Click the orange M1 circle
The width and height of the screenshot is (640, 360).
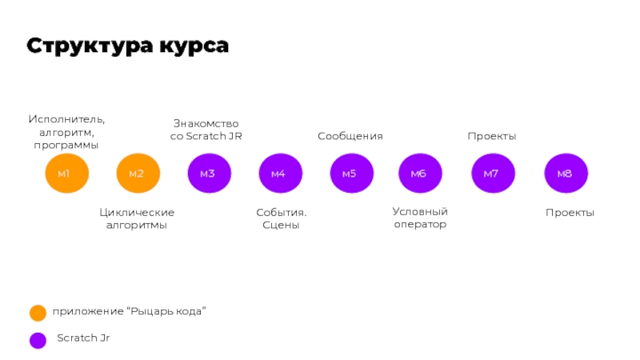[x=66, y=174]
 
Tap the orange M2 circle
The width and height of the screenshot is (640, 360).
[x=138, y=174]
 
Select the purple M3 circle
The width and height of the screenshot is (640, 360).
[x=209, y=174]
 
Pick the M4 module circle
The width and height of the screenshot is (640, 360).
[x=280, y=174]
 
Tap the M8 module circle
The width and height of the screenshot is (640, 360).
[x=566, y=174]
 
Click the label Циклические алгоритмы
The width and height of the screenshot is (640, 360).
[x=137, y=218]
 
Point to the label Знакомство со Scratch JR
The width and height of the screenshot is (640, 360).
[x=206, y=130]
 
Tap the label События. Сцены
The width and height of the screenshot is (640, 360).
[x=282, y=218]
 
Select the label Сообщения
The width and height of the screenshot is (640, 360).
[x=350, y=136]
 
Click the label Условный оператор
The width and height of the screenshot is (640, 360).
[x=420, y=218]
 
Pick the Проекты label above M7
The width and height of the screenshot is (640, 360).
[x=492, y=136]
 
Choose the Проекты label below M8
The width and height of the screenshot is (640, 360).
[x=570, y=212]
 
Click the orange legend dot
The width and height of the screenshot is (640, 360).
[x=38, y=312]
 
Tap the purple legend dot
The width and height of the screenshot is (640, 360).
[x=38, y=340]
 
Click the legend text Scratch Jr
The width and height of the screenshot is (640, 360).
[x=83, y=338]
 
